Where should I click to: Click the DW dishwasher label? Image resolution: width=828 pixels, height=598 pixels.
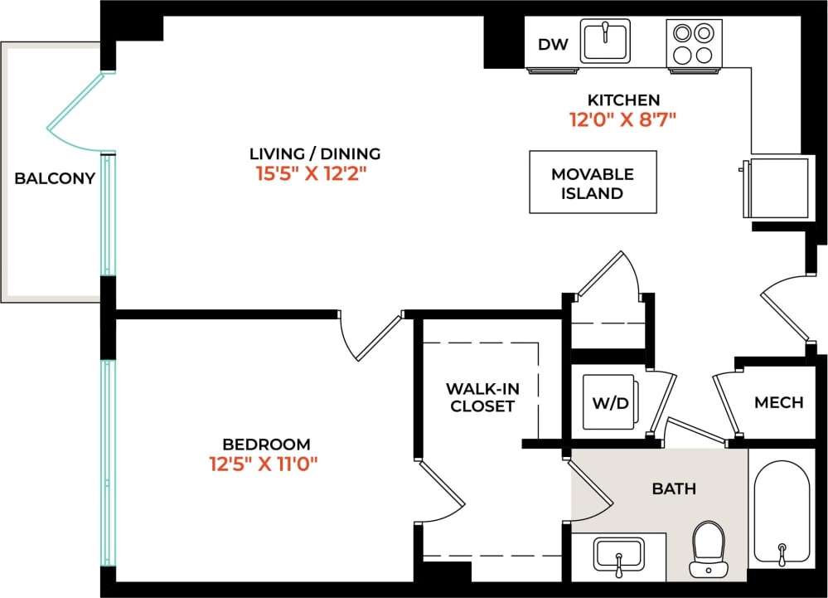click(x=553, y=45)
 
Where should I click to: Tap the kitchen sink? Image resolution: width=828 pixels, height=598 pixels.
click(x=605, y=41)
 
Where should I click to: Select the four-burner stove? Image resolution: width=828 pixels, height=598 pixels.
click(x=694, y=43)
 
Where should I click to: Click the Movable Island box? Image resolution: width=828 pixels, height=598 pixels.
click(x=593, y=183)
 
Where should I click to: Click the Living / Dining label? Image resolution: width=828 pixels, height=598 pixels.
click(x=315, y=153)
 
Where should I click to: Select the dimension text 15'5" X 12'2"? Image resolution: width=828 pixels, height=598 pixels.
click(x=312, y=174)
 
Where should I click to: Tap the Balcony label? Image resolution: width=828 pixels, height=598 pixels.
click(x=55, y=178)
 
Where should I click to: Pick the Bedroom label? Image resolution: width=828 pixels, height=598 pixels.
click(x=266, y=444)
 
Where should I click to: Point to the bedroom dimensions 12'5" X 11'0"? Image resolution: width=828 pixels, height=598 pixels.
click(x=264, y=464)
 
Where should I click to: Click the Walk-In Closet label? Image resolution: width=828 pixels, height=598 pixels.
click(x=482, y=397)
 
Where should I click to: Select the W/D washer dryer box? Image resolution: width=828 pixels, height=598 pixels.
click(x=610, y=404)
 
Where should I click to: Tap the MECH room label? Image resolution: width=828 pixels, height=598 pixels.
click(x=778, y=402)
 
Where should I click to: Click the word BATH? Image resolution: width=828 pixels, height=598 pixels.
click(x=674, y=489)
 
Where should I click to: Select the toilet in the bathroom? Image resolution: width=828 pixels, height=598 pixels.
click(x=708, y=547)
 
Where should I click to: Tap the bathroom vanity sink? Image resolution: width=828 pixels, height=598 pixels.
click(x=618, y=554)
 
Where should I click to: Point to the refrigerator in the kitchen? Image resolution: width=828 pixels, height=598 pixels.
click(x=777, y=187)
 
